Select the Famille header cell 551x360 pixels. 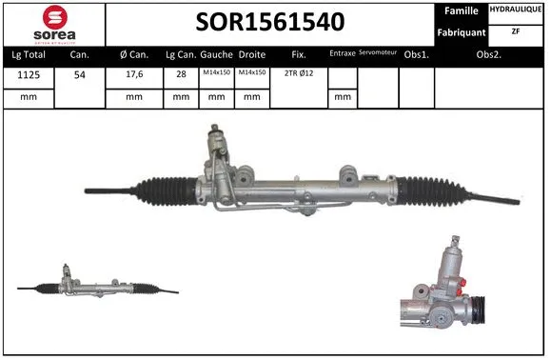point(462,10)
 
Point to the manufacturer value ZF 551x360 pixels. point(517,31)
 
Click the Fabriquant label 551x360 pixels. point(462,32)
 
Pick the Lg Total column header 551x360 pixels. point(28,56)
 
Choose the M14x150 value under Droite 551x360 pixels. point(252,73)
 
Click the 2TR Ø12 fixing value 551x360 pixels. point(299,73)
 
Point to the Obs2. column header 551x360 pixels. point(490,56)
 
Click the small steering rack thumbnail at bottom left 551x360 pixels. point(95,283)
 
